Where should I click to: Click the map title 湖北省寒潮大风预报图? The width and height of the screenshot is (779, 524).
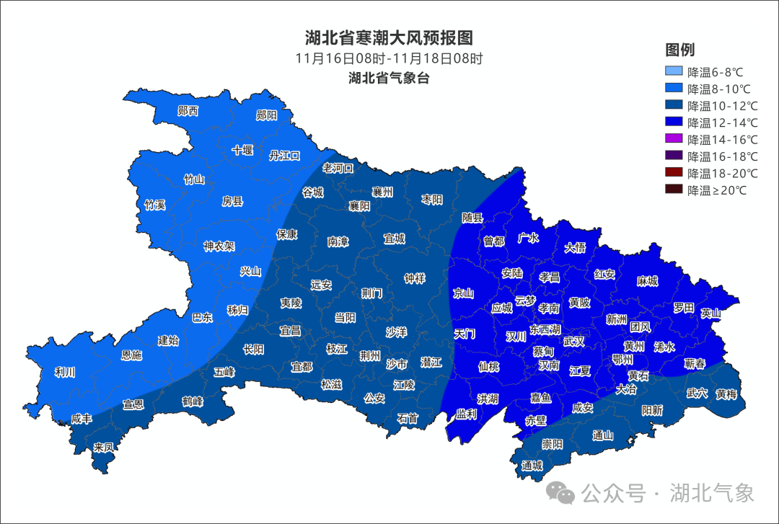click(389, 37)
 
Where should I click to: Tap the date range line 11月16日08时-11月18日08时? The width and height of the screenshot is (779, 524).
click(389, 58)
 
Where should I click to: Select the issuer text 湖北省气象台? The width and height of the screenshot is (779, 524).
click(389, 78)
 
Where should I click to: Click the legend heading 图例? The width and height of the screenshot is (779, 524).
click(679, 50)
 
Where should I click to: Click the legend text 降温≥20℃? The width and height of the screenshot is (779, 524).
click(717, 190)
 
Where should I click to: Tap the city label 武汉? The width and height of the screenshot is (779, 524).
click(574, 340)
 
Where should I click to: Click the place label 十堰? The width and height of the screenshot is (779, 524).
click(242, 150)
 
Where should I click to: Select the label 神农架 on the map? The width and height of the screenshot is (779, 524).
click(219, 246)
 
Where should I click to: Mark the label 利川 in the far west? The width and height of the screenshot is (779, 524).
click(65, 373)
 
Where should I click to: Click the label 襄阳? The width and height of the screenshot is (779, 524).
click(359, 205)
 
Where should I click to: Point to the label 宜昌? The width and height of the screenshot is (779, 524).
click(290, 331)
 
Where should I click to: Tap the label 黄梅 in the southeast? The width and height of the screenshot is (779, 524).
click(726, 394)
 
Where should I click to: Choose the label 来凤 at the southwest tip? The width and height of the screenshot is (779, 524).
click(103, 447)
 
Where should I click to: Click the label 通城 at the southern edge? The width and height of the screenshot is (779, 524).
click(532, 465)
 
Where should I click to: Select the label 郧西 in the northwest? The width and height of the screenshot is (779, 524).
click(188, 111)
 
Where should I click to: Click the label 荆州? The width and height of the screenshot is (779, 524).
click(370, 355)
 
